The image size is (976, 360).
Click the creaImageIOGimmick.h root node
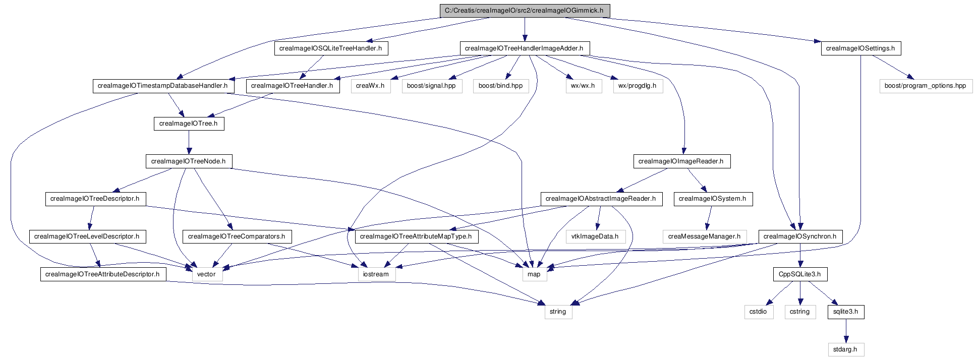pyautogui.click(x=524, y=11)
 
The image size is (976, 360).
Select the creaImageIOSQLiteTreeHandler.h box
pyautogui.click(x=330, y=48)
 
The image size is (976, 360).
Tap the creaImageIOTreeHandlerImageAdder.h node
pyautogui.click(x=524, y=48)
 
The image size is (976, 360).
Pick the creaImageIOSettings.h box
pyautogui.click(x=860, y=48)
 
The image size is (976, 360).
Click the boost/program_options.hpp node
pyautogui.click(x=925, y=86)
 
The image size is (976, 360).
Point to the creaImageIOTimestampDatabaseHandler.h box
pyautogui.click(x=162, y=86)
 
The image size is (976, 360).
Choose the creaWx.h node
pyautogui.click(x=370, y=86)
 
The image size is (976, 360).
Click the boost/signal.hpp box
pyautogui.click(x=431, y=86)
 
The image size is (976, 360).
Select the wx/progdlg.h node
pyautogui.click(x=638, y=86)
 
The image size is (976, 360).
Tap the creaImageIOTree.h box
pyautogui.click(x=189, y=124)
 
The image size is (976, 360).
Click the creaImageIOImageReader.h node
pyautogui.click(x=681, y=161)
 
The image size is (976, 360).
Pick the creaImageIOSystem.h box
pyautogui.click(x=712, y=199)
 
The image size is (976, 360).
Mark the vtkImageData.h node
pyautogui.click(x=595, y=236)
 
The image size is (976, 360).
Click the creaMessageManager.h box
pyautogui.click(x=704, y=236)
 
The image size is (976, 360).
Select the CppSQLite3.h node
pyautogui.click(x=799, y=274)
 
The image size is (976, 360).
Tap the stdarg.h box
pyautogui.click(x=845, y=349)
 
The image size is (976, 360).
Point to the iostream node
pyautogui.click(x=376, y=274)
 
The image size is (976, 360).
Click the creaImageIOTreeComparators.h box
pyautogui.click(x=237, y=236)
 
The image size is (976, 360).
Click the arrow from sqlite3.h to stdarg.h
pyautogui.click(x=845, y=331)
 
